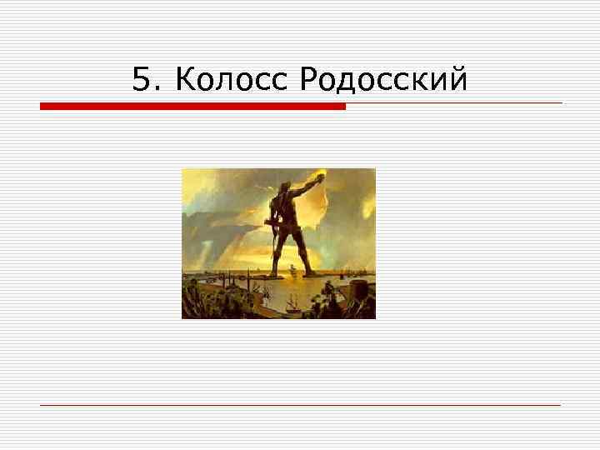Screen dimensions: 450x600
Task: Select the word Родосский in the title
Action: (x=382, y=80)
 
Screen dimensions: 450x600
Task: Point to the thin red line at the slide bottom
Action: (x=300, y=405)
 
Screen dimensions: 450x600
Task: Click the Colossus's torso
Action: (x=285, y=208)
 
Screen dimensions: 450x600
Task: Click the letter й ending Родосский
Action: (x=457, y=80)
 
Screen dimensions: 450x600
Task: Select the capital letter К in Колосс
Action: (x=186, y=80)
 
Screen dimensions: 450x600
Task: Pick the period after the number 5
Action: (x=155, y=87)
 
